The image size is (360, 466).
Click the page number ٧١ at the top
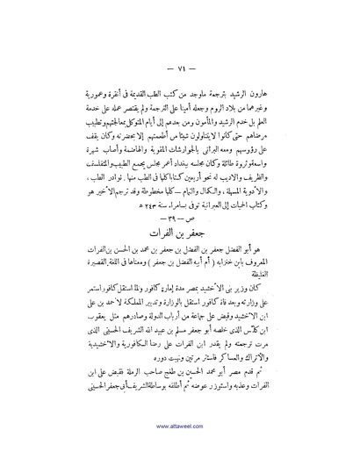pos(182,67)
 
